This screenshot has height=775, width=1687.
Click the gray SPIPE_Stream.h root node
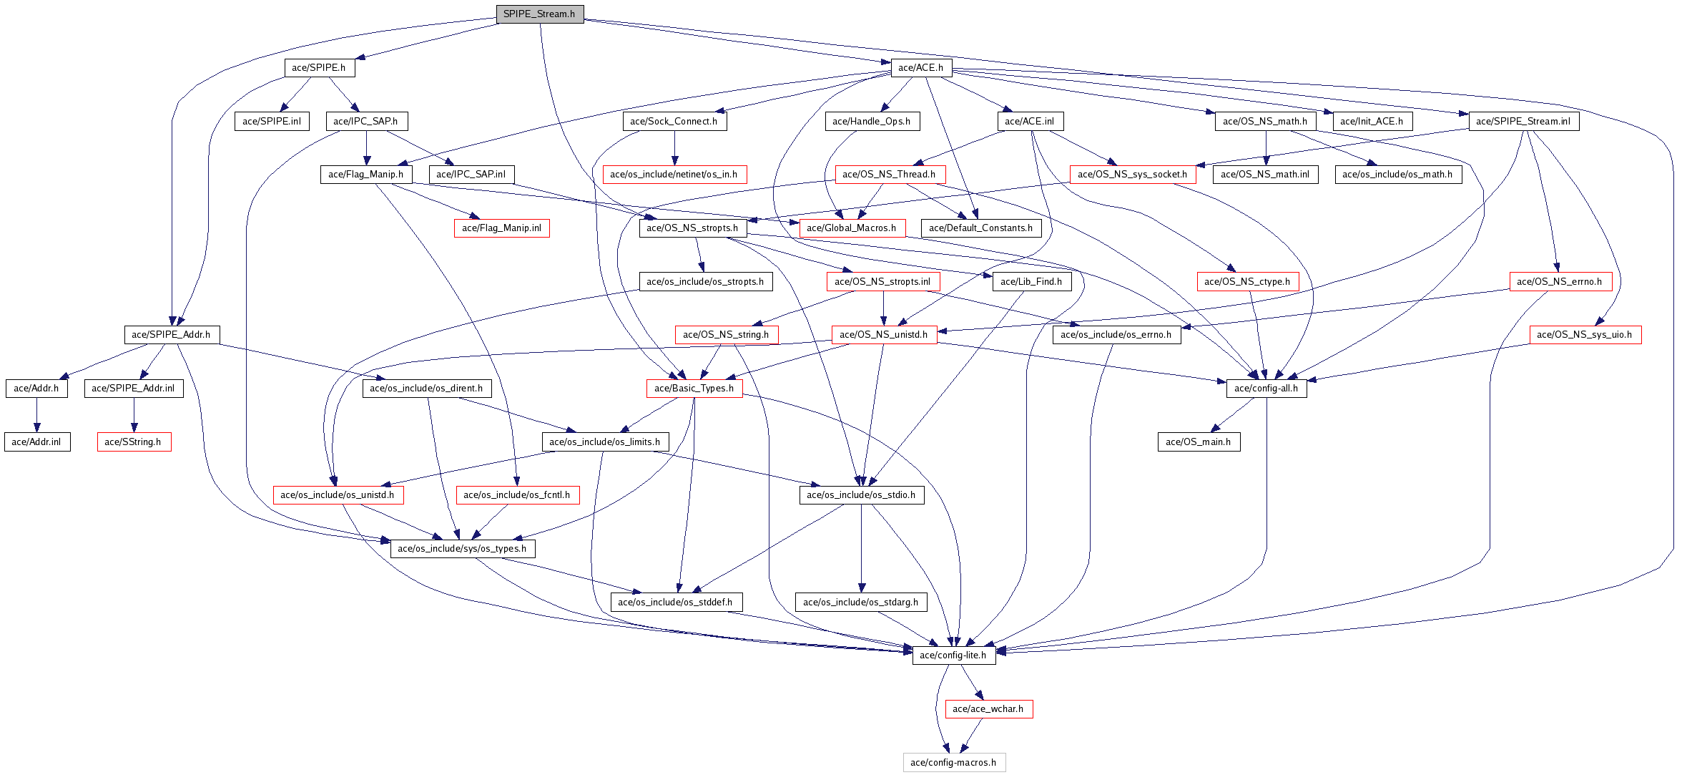[540, 14]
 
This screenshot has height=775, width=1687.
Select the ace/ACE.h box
[921, 68]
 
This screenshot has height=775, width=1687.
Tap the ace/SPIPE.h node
[319, 68]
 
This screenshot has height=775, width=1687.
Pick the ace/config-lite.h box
[953, 655]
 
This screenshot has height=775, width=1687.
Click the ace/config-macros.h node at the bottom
[953, 763]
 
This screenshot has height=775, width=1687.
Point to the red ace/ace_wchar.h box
[988, 709]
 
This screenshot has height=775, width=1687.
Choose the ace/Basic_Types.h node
[694, 389]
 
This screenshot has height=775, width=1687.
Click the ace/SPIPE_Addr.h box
[172, 335]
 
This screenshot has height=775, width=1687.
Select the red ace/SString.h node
[134, 442]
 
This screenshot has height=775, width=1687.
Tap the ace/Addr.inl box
[36, 442]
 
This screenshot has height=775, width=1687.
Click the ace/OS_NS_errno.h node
[1560, 282]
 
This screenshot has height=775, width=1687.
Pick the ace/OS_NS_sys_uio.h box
[1585, 335]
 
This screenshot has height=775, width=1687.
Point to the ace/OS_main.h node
[1199, 442]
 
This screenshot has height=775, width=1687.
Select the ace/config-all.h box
[1267, 389]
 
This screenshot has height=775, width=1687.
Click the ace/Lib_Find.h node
[1031, 282]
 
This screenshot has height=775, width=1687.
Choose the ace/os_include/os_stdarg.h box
[861, 603]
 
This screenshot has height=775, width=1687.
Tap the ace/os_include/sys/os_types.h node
[462, 549]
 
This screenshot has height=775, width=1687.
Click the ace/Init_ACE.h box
[1372, 122]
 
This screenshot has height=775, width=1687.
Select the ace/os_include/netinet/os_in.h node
[674, 175]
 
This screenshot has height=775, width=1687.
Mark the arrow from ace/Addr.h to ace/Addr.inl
[36, 415]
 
